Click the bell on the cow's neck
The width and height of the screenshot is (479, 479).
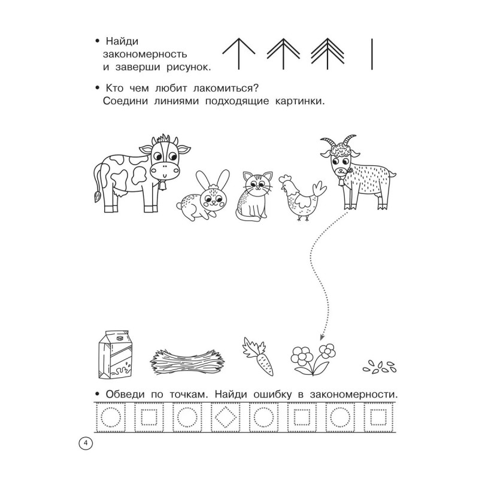163,186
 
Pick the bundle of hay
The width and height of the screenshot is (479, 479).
187,362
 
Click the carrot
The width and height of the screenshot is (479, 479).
258,356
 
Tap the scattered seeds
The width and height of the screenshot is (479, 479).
380,367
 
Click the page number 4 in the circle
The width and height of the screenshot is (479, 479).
86,444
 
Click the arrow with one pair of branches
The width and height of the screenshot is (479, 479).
238,54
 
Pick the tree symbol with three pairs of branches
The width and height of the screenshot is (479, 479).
327,54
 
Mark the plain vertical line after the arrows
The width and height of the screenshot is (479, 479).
372,54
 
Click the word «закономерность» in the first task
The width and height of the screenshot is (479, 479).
145,54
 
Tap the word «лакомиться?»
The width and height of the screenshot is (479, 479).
226,89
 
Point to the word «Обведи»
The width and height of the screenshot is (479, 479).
125,395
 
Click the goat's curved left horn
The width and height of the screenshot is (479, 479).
328,142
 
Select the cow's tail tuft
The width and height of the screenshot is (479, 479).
96,196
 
